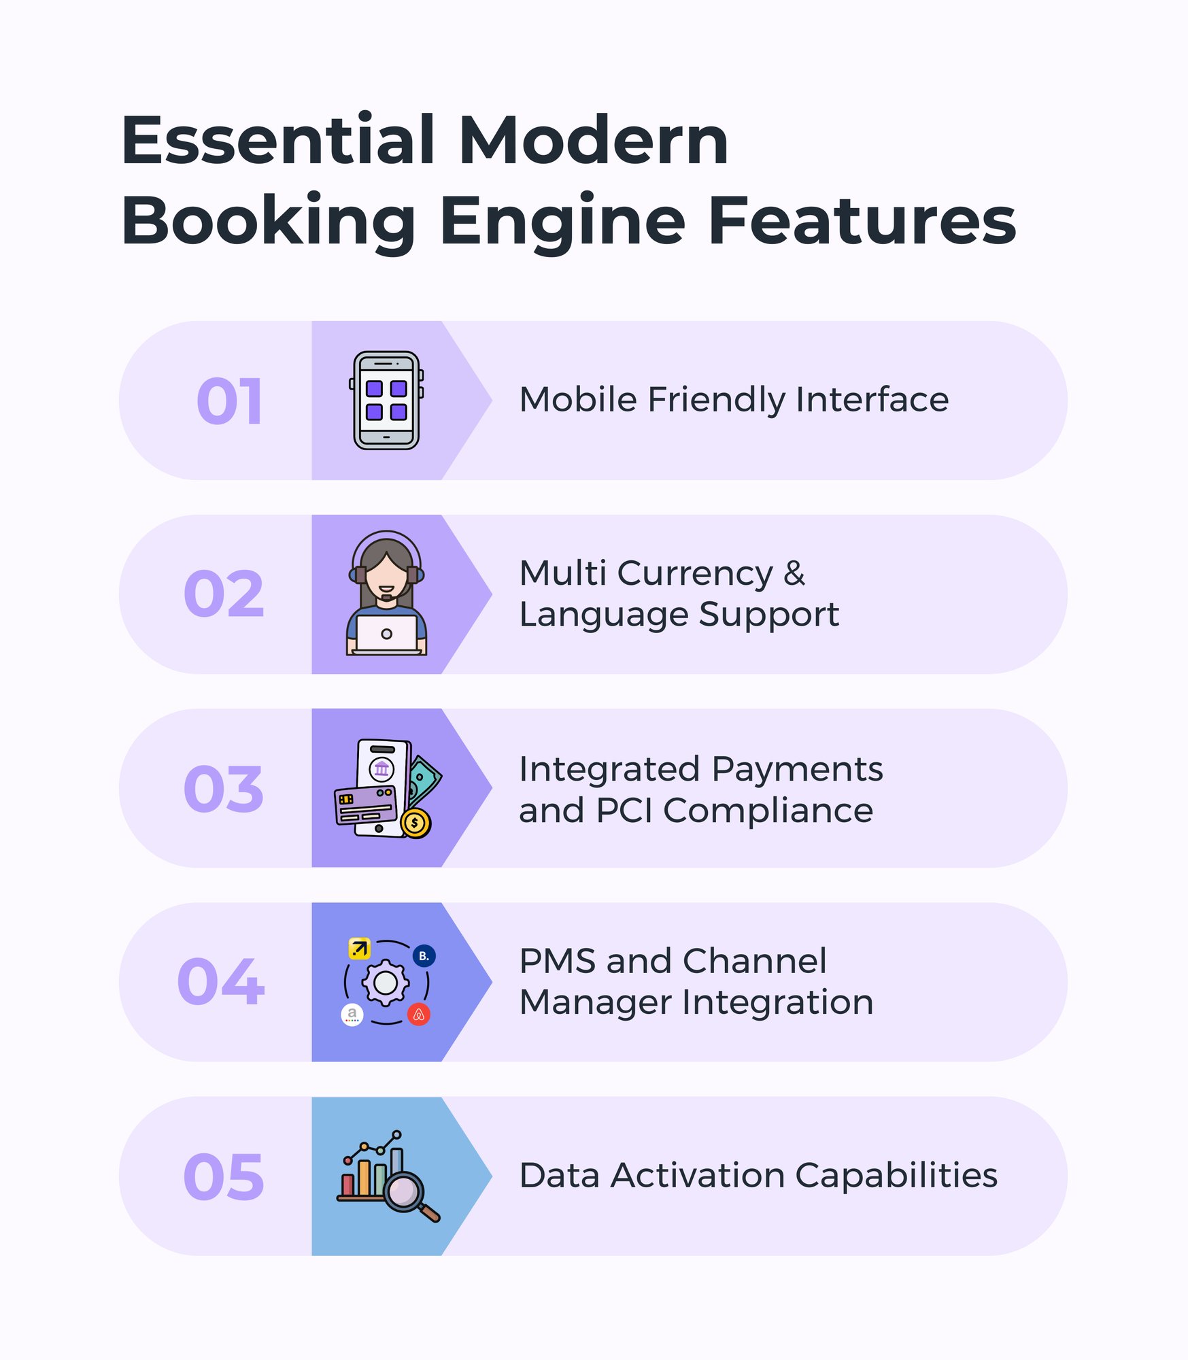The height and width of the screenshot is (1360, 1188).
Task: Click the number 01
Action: pyautogui.click(x=229, y=401)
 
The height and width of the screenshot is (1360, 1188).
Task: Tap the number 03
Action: pyautogui.click(x=224, y=789)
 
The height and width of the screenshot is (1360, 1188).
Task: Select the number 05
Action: pyautogui.click(x=224, y=1176)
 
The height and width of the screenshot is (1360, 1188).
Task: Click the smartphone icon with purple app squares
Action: pyautogui.click(x=386, y=400)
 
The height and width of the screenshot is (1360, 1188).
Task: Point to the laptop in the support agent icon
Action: pyautogui.click(x=386, y=634)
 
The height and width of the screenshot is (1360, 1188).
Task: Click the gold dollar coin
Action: pyautogui.click(x=415, y=823)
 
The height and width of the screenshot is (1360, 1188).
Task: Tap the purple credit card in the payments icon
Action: pyautogui.click(x=366, y=805)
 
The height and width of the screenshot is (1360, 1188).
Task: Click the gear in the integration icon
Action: pyautogui.click(x=386, y=983)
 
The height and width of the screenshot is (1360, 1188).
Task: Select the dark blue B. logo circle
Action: pyautogui.click(x=424, y=956)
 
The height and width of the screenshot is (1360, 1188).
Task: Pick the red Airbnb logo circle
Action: pyautogui.click(x=419, y=1015)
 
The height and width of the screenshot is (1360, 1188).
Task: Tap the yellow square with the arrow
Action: pyautogui.click(x=359, y=948)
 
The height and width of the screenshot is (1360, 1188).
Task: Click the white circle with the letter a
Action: pyautogui.click(x=352, y=1015)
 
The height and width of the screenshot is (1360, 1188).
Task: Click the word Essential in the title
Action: pyautogui.click(x=277, y=141)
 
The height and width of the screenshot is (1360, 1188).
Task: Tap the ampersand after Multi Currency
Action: pyautogui.click(x=794, y=573)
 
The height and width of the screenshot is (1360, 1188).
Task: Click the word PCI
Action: pyautogui.click(x=624, y=811)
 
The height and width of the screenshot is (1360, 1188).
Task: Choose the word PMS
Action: pyautogui.click(x=558, y=962)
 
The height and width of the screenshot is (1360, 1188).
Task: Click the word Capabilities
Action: pyautogui.click(x=896, y=1176)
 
